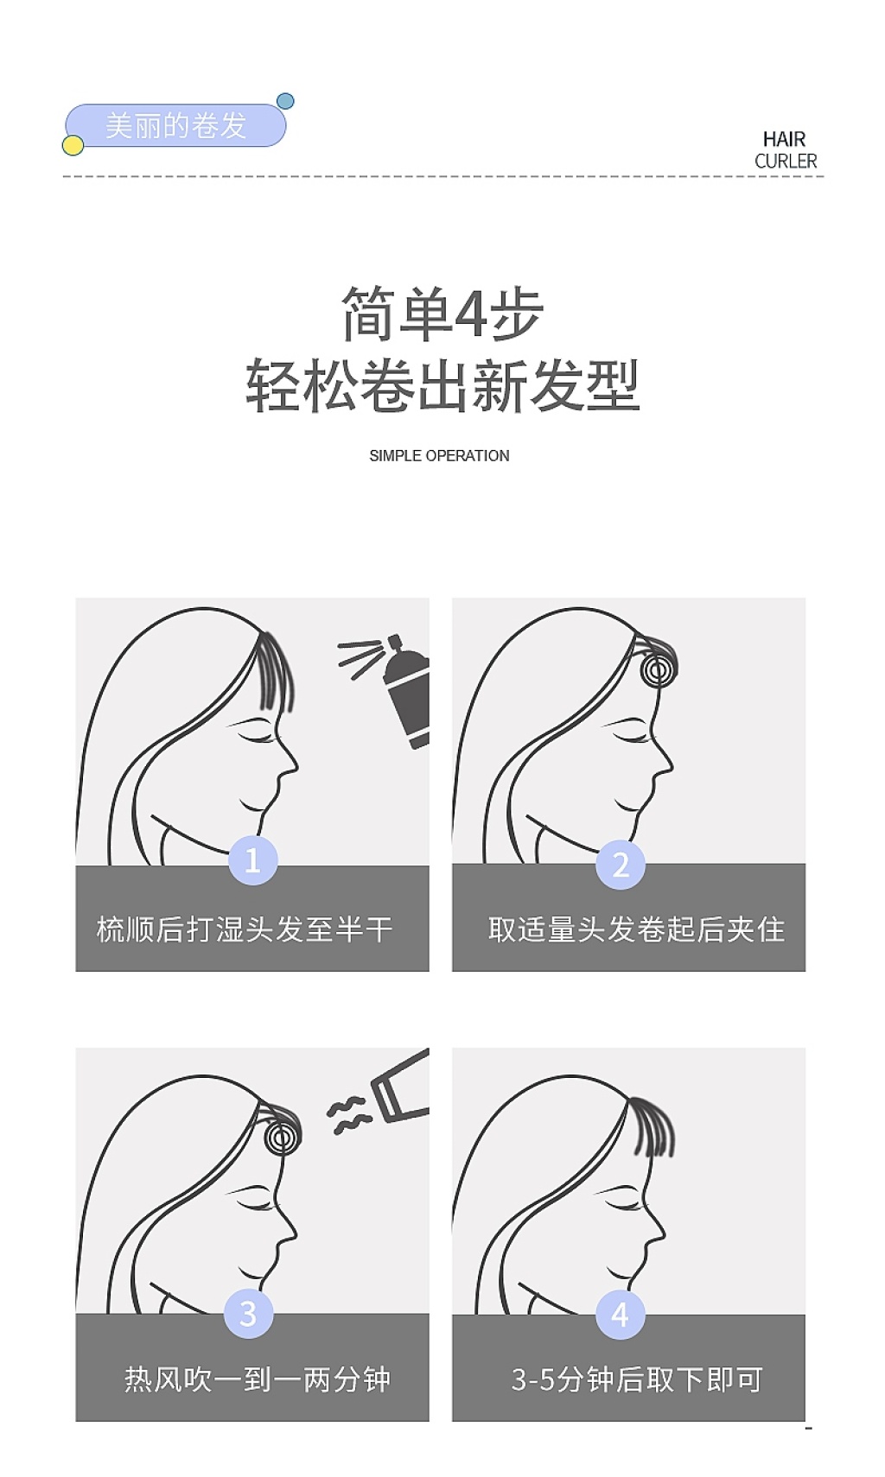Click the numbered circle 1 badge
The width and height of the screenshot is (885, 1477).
[252, 859]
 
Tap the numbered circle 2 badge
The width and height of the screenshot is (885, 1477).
[621, 865]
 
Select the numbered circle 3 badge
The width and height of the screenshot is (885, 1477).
[248, 1313]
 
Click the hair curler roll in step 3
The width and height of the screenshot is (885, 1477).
[282, 1137]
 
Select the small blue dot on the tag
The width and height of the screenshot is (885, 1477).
[285, 101]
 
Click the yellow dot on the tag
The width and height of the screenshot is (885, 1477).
[73, 145]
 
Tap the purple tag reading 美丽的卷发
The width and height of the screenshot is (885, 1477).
[175, 124]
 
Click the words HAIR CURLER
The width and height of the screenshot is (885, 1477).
[786, 149]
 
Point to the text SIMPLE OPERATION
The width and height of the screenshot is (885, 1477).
[439, 456]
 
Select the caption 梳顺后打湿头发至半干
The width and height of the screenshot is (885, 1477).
[245, 929]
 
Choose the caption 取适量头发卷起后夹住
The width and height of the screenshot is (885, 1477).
[636, 929]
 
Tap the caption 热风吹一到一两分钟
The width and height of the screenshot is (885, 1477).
[258, 1379]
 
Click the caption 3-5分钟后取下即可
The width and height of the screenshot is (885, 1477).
[637, 1379]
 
